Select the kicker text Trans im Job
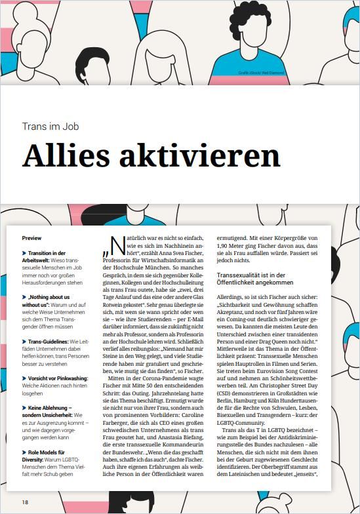click(x=50, y=126)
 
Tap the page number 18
click(x=25, y=502)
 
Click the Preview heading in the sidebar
click(x=31, y=238)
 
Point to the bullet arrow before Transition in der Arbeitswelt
click(x=24, y=253)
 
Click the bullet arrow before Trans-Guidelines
click(x=24, y=342)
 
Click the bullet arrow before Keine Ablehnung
click(x=24, y=407)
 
